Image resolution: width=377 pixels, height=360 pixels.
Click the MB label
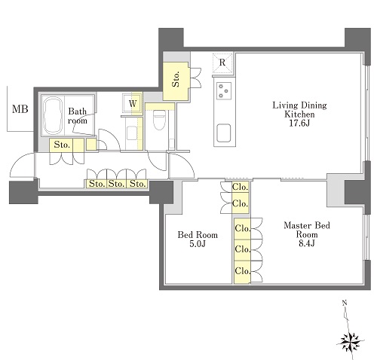[20, 109]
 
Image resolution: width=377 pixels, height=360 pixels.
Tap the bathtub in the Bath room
[53, 116]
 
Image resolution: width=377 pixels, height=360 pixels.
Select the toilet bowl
[159, 120]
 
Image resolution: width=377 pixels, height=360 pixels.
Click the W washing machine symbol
[133, 103]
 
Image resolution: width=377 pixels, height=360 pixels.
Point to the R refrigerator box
[222, 63]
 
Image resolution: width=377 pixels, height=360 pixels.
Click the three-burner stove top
[223, 90]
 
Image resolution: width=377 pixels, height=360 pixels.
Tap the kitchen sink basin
[223, 133]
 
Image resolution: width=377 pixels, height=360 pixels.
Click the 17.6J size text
[299, 124]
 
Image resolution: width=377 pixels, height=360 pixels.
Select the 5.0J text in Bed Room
[198, 244]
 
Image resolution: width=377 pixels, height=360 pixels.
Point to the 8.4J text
[307, 243]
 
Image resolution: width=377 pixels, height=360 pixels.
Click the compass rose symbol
[351, 342]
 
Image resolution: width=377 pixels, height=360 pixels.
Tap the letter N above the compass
[345, 303]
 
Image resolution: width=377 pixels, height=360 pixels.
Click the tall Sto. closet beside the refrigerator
[176, 81]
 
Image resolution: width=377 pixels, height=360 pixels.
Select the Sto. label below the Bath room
[62, 145]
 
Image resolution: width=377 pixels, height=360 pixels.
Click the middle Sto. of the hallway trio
[117, 184]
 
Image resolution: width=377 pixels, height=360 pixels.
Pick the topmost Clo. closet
[241, 187]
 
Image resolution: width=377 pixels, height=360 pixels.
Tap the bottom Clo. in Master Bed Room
[243, 271]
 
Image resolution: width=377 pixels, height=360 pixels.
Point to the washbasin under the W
[132, 133]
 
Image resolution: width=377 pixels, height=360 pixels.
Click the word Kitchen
[299, 114]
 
